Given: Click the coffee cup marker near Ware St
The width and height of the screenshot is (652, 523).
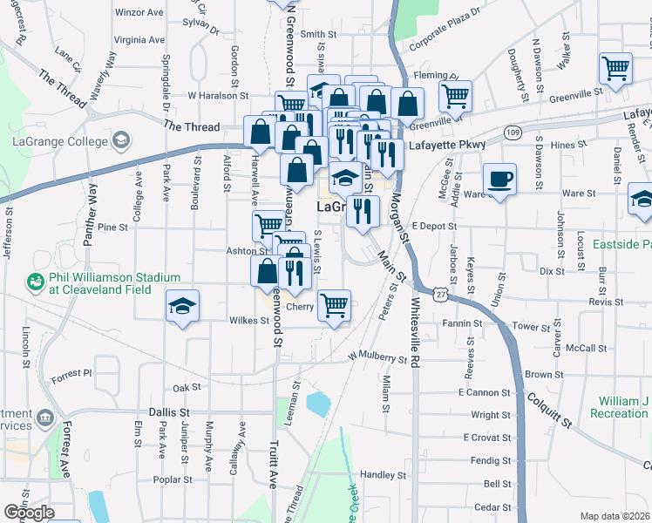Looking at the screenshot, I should pyautogui.click(x=499, y=180).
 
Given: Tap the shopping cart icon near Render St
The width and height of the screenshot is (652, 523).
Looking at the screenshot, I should pyautogui.click(x=615, y=69).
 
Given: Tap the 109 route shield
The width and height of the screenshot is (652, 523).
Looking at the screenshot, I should pyautogui.click(x=513, y=132).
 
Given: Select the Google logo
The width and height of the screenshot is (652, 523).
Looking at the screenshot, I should pyautogui.click(x=29, y=512).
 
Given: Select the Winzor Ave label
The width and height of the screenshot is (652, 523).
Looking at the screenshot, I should pyautogui.click(x=139, y=13).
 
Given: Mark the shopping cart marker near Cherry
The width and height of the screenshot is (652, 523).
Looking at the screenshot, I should pyautogui.click(x=333, y=306).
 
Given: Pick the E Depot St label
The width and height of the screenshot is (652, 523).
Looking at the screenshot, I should pyautogui.click(x=435, y=226).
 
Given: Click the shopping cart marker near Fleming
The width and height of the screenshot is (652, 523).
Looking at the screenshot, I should pyautogui.click(x=454, y=96).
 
